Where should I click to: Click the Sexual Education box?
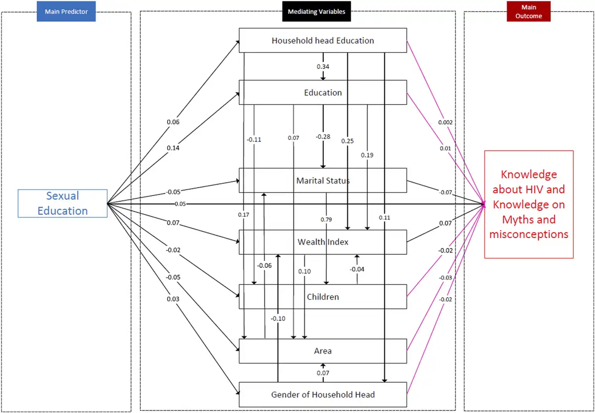pos(62,203)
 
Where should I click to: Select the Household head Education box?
pos(323,40)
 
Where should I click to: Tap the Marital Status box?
pos(323,180)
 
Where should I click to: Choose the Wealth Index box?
pos(323,242)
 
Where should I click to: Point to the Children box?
pos(323,296)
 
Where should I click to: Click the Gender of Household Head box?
pos(323,395)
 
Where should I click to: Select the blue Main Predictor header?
pos(66,11)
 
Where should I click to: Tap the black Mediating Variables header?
pos(316,11)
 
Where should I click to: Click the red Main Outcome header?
pos(529,11)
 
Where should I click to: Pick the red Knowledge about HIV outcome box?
pos(529,204)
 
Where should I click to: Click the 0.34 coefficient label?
pos(323,66)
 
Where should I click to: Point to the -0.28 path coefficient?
pos(323,136)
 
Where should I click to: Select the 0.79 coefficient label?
pos(326,219)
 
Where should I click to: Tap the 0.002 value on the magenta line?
pos(445,122)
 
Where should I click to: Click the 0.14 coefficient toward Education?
pos(173,148)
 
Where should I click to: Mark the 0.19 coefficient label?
pos(367,155)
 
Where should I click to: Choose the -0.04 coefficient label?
pos(357,269)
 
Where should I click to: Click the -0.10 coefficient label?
pos(278,318)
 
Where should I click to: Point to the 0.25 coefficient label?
pos(348,141)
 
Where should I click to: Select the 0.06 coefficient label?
pos(173,122)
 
